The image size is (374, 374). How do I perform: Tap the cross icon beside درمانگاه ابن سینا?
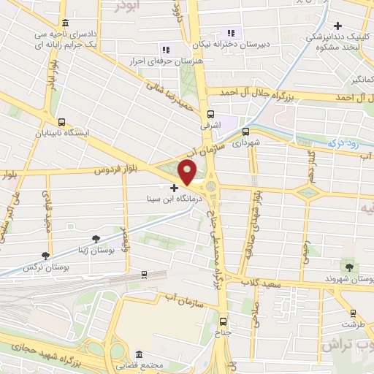pos(174,188)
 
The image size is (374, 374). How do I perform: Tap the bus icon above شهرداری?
pos(245,132)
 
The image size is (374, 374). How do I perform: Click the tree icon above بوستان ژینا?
pos(96,238)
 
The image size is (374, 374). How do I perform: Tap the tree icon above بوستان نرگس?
pos(46,256)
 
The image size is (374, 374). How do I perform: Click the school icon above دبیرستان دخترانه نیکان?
pos(232,33)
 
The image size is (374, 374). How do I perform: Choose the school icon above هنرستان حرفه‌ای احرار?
pos(165,50)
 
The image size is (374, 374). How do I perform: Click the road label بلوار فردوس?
pos(116,170)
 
